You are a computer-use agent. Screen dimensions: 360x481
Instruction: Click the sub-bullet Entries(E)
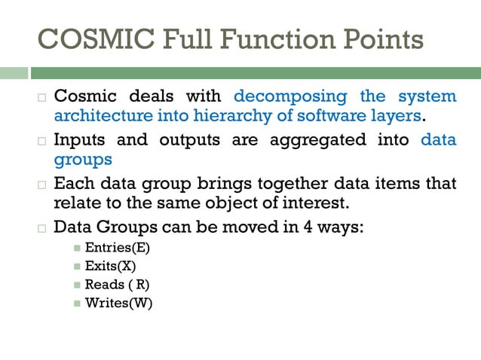pos(112,248)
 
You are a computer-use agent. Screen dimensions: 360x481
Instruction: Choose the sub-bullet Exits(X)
pos(110,266)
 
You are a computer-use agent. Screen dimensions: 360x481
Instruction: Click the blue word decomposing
pos(290,96)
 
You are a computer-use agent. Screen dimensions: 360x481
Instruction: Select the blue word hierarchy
pos(227,116)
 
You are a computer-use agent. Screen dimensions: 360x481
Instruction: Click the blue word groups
pos(83,160)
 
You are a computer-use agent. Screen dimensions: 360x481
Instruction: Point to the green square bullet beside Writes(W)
pos(77,304)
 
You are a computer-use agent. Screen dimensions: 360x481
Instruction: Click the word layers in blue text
pos(399,116)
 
